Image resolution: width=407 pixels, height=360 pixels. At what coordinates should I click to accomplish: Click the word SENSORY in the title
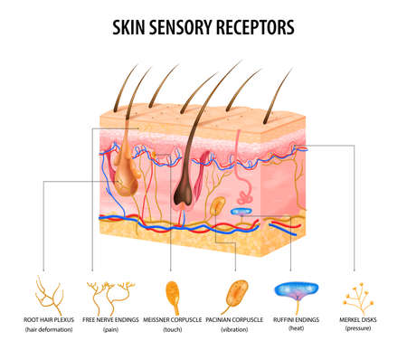[185, 27]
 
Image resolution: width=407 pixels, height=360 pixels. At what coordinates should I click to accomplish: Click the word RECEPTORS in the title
[257, 27]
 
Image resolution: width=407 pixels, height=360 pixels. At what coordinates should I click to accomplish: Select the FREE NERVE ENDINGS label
[109, 319]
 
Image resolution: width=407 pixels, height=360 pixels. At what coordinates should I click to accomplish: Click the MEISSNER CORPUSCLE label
[172, 319]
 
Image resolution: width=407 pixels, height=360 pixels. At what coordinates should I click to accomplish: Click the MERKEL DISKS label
[358, 318]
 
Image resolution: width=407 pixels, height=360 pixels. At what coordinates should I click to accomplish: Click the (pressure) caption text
[358, 328]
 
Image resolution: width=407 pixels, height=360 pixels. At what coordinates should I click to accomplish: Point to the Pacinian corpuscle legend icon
[237, 293]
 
